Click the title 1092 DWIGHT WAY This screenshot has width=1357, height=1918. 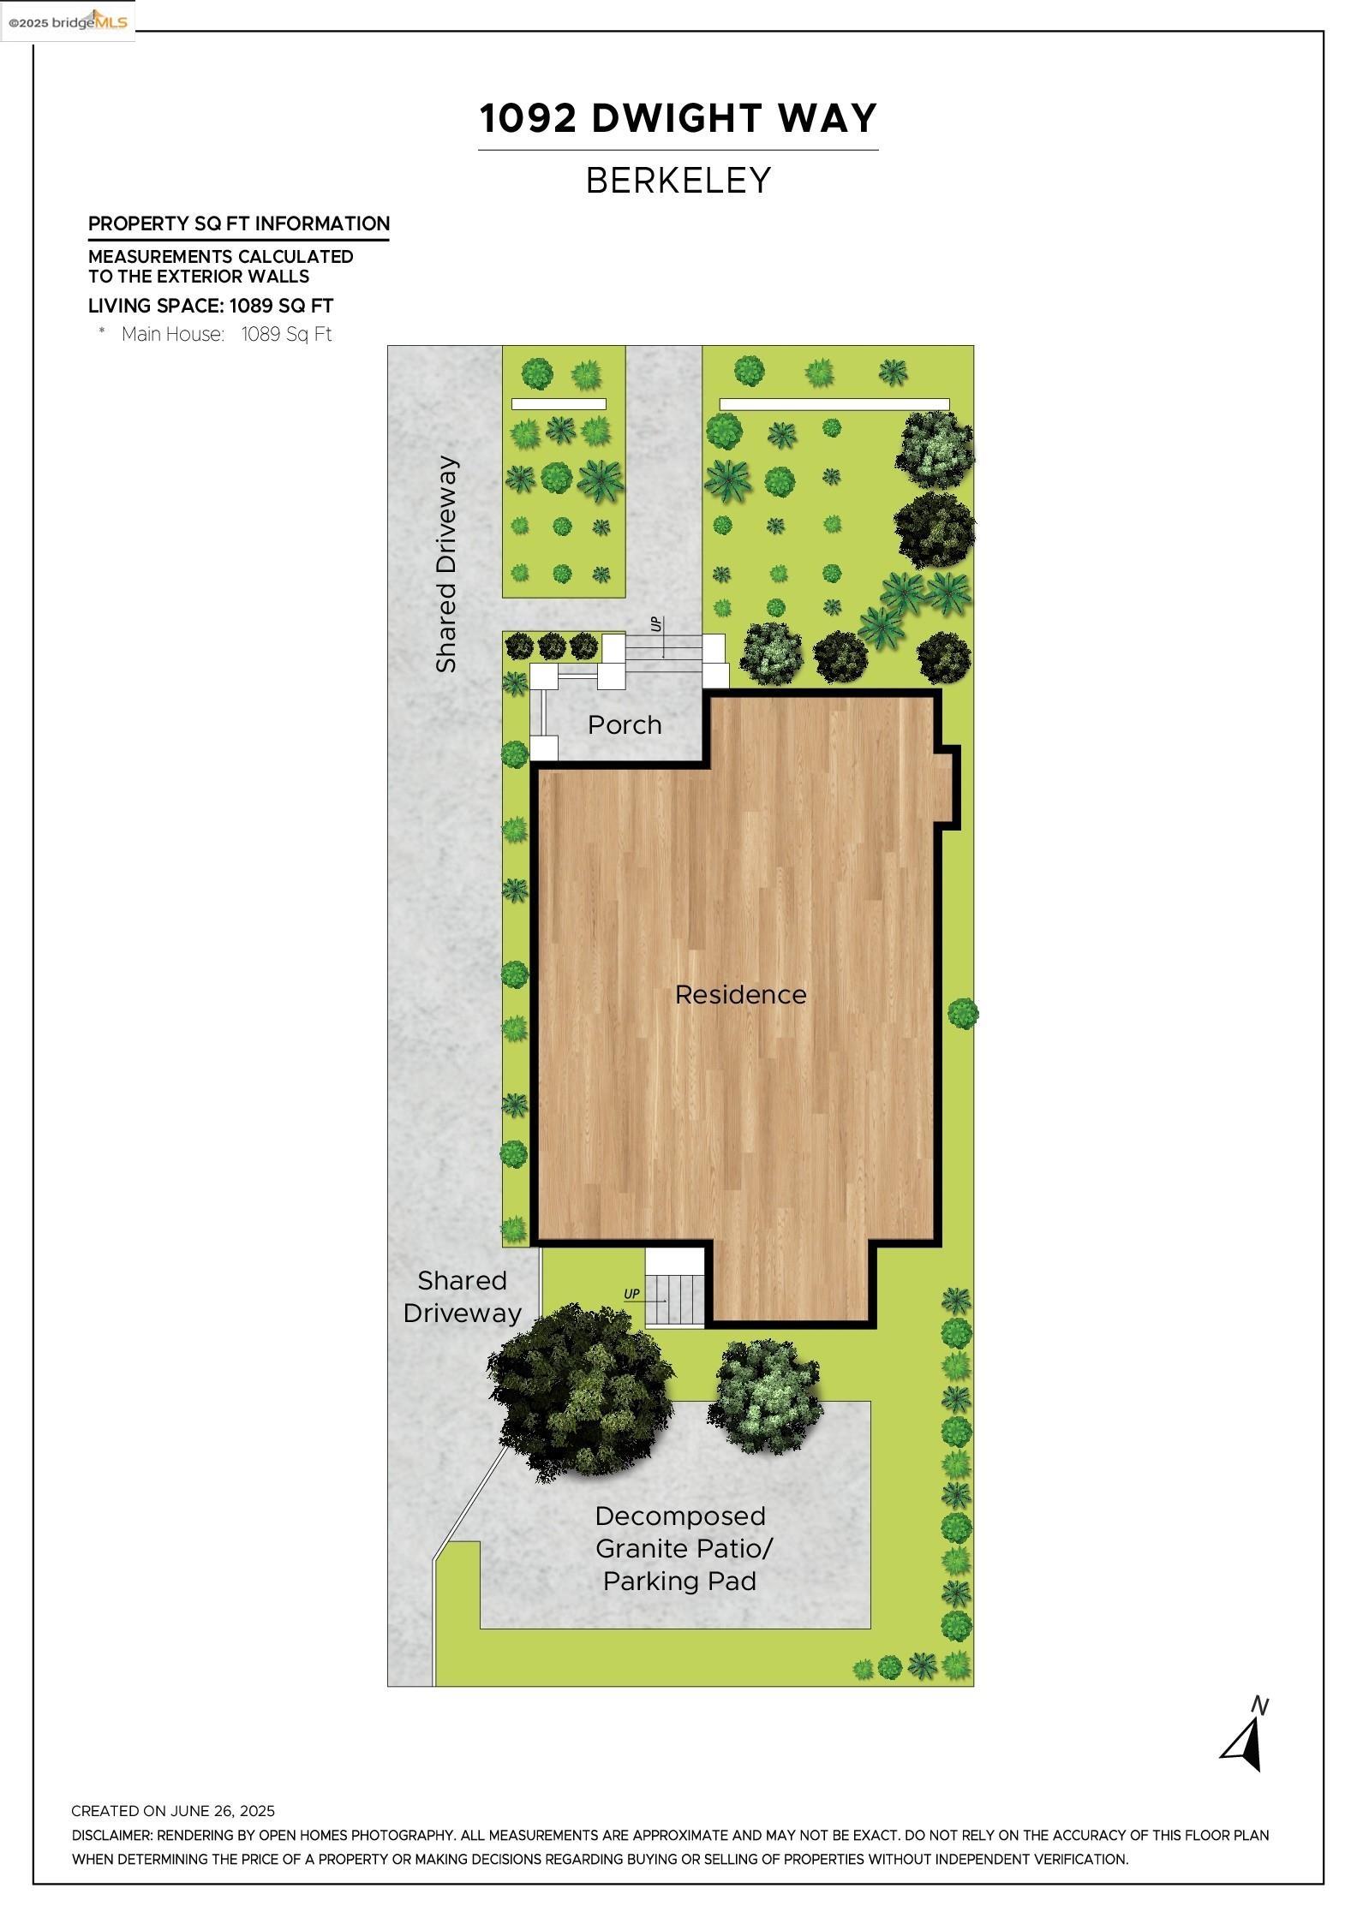point(678,118)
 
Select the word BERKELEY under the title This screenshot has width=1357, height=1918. point(678,181)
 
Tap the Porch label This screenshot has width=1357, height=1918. point(625,725)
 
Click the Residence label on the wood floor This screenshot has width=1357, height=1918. point(740,994)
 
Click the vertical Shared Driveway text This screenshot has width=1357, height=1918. point(446,565)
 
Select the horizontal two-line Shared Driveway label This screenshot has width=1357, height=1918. point(462,1296)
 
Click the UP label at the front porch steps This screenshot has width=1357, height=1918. point(656,624)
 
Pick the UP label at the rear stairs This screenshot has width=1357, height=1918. point(631,1294)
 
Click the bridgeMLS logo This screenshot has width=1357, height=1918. point(68,21)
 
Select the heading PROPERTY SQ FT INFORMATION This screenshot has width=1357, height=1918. point(239,224)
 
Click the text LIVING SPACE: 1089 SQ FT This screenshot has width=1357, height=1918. point(211,306)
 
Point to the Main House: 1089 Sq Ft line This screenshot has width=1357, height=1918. point(226,335)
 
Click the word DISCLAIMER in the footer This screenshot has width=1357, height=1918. point(111,1835)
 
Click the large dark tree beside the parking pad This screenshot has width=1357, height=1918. point(578,1391)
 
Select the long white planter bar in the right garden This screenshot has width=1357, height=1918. point(834,404)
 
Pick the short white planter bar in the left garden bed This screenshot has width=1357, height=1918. point(559,404)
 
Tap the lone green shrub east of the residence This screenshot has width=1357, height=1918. point(963,1013)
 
